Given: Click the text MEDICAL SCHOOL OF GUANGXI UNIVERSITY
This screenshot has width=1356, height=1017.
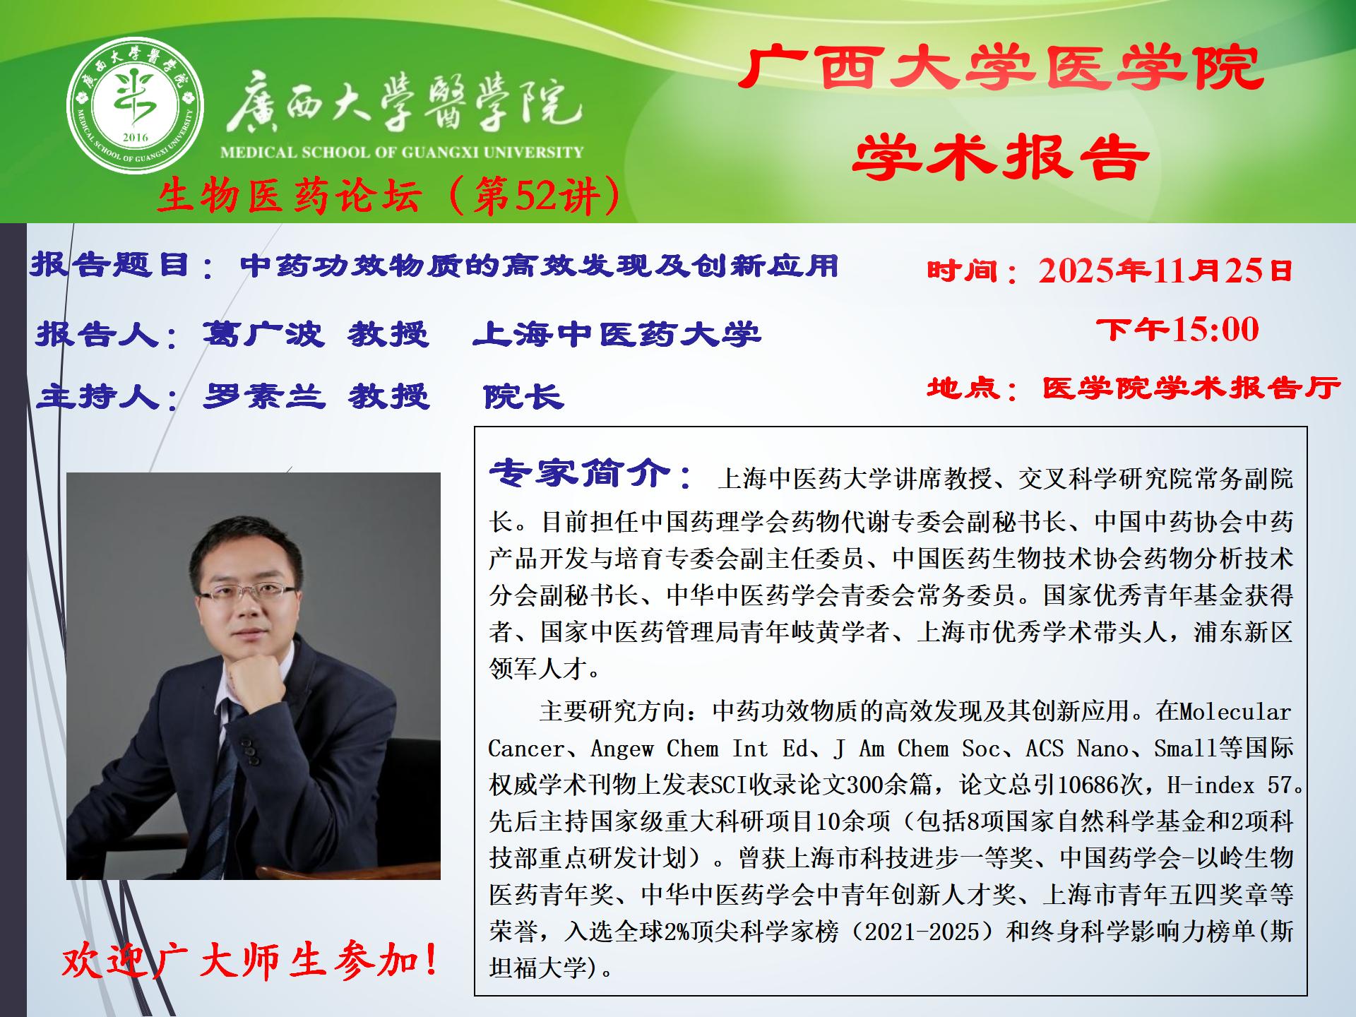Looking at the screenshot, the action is pyautogui.click(x=402, y=152).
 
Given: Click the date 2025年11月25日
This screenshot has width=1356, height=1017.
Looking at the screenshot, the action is pyautogui.click(x=1165, y=270).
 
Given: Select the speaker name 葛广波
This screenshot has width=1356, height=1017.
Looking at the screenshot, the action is pyautogui.click(x=263, y=333).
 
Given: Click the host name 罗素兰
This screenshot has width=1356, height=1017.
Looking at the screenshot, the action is pyautogui.click(x=264, y=395).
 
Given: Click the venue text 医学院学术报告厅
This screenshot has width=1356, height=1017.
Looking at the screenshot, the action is pyautogui.click(x=1191, y=387).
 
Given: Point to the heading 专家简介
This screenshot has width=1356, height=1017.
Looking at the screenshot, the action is pyautogui.click(x=579, y=473).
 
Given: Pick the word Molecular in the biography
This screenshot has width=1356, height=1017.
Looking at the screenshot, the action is pyautogui.click(x=1236, y=711).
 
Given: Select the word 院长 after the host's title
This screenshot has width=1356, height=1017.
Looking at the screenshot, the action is pyautogui.click(x=523, y=396).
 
